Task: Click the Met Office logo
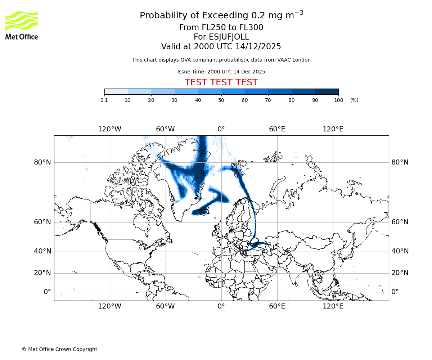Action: (x=22, y=25)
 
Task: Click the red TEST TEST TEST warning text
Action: (x=221, y=82)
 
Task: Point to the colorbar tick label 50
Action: (x=221, y=100)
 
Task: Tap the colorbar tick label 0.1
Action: (x=104, y=100)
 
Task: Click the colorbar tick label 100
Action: (x=338, y=100)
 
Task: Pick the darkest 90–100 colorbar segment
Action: (x=327, y=91)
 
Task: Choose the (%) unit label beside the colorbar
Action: (x=354, y=100)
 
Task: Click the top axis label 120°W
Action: (x=109, y=129)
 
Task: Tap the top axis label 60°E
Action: (x=277, y=129)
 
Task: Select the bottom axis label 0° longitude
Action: (x=221, y=306)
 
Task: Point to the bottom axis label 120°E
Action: (x=333, y=306)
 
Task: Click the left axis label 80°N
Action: (x=42, y=162)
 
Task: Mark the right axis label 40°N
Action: (x=400, y=251)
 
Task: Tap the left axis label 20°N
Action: (x=42, y=273)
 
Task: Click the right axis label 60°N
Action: (x=400, y=222)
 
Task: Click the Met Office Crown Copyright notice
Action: (x=59, y=349)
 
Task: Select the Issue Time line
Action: (x=221, y=72)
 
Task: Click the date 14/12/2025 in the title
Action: (x=258, y=47)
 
